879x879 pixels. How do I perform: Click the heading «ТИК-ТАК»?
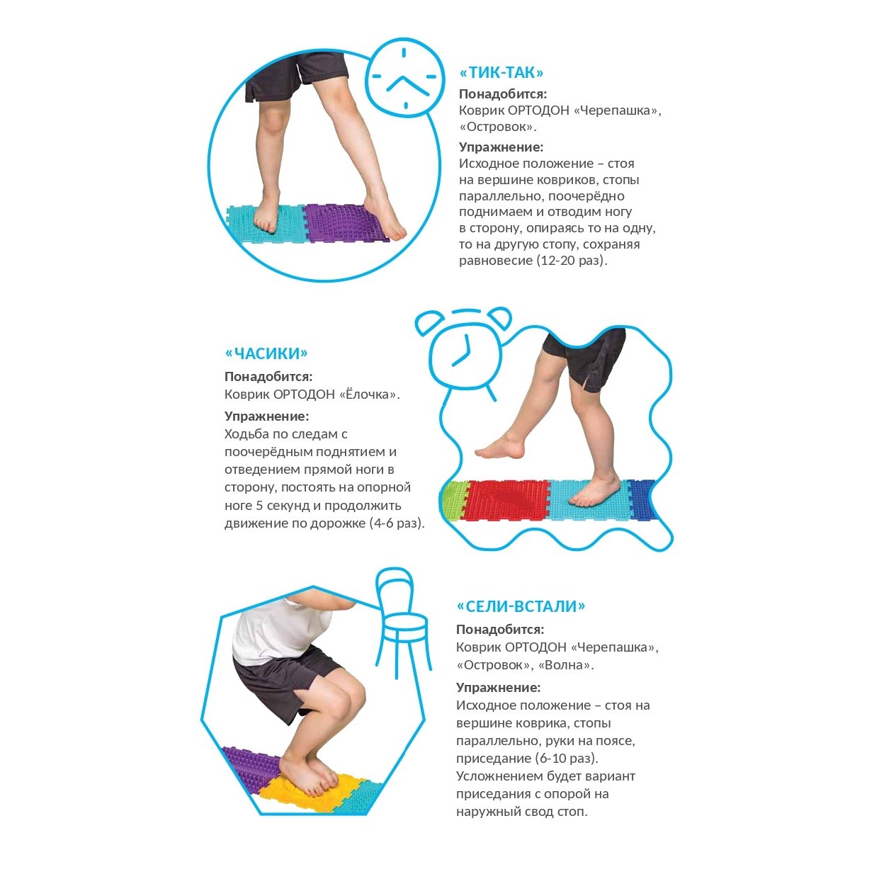[501, 72]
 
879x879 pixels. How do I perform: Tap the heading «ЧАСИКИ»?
[266, 353]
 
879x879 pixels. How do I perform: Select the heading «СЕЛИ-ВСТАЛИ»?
[521, 606]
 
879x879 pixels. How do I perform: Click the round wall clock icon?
[404, 78]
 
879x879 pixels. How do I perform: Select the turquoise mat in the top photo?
[267, 225]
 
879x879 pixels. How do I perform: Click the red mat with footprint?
[506, 499]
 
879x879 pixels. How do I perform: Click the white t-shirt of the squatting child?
[278, 632]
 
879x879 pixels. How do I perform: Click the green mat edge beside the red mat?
[454, 500]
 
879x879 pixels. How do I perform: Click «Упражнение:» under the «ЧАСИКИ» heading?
[267, 416]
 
